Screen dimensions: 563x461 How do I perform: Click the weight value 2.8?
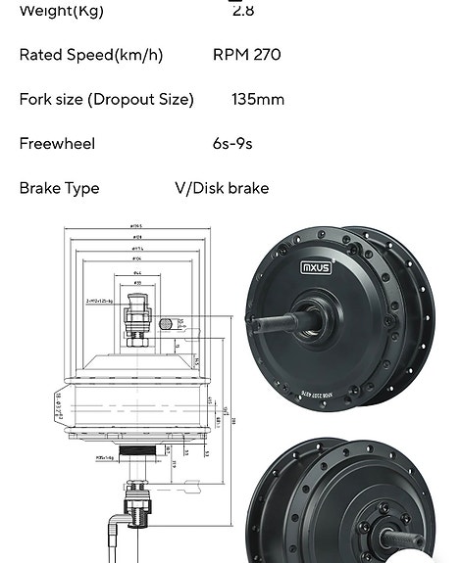(242, 10)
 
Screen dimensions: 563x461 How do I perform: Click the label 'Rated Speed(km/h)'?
(91, 55)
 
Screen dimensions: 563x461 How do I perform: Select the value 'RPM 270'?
(246, 55)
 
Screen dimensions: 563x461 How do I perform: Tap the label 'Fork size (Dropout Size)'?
(106, 99)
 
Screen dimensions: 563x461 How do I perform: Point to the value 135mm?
(258, 99)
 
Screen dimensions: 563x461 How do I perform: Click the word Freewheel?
(57, 144)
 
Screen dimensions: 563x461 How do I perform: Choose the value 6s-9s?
(232, 144)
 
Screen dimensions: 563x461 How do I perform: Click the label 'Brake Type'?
(59, 188)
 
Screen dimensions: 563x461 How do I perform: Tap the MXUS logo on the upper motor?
(316, 266)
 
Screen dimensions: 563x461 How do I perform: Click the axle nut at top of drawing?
(136, 318)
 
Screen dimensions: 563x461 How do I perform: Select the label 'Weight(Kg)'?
(61, 10)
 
